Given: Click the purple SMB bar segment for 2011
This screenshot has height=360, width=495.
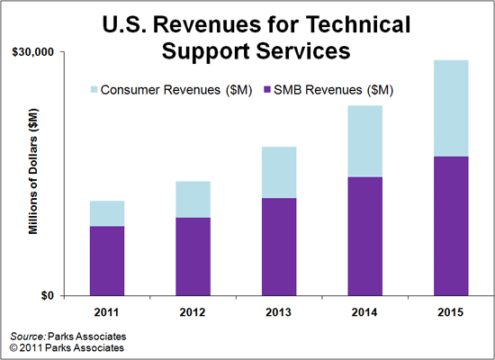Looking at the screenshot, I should point(107,261).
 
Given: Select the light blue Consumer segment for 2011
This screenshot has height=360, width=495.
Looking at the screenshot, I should point(107,213).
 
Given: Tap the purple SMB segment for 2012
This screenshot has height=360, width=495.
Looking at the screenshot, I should point(193,256).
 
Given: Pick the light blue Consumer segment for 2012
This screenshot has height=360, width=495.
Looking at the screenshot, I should point(193,199).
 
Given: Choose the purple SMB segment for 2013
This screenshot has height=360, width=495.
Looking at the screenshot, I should point(279,247).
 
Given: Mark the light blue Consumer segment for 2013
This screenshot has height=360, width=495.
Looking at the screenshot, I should point(279,172).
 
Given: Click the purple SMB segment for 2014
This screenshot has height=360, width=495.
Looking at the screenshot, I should point(364,236).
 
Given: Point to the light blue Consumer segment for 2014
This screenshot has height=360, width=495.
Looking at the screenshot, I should point(364,141).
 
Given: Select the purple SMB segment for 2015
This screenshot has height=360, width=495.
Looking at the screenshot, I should point(450,226).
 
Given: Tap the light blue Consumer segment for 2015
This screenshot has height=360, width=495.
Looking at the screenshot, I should point(450,108).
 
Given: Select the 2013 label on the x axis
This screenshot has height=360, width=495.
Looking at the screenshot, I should point(279,311).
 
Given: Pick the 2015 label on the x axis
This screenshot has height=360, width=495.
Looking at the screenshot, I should point(450,311).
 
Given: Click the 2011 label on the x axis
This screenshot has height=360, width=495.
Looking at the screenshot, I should point(107,311).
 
